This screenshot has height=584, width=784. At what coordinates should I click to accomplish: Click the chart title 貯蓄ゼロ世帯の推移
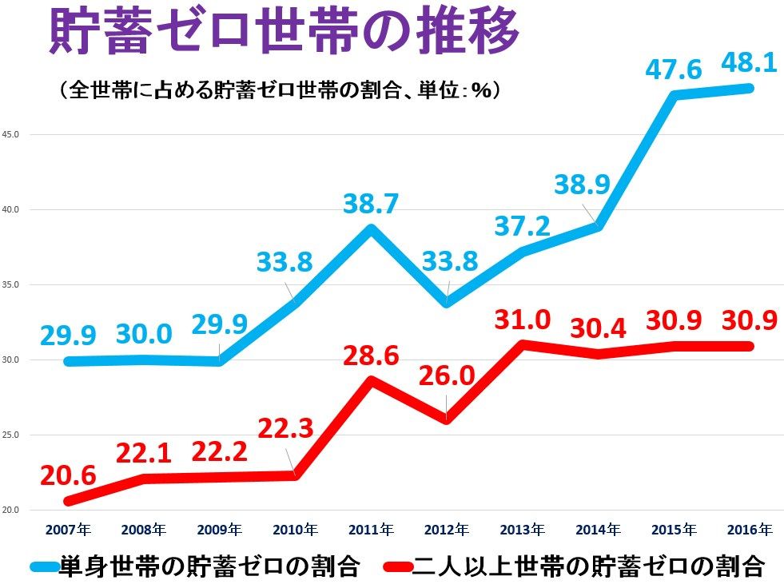click(285, 32)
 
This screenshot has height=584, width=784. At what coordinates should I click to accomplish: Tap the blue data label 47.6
click(673, 70)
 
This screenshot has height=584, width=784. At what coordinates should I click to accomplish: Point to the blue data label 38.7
click(370, 205)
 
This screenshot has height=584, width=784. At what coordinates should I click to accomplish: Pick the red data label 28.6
click(369, 354)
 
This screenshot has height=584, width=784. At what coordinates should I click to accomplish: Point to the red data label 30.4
click(598, 328)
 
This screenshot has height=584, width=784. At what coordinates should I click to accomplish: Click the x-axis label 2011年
click(370, 529)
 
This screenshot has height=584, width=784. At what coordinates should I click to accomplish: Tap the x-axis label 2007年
click(68, 529)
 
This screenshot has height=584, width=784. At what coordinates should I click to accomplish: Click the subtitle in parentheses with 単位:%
click(280, 89)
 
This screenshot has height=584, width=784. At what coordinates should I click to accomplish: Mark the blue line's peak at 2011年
click(370, 228)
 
